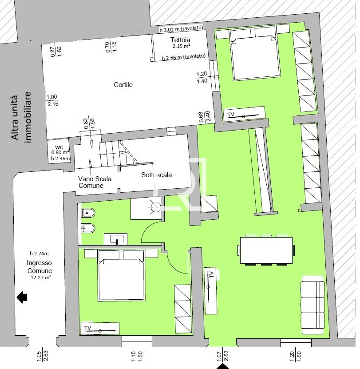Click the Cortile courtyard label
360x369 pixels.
(x=123, y=85)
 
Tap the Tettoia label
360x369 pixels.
(x=180, y=40)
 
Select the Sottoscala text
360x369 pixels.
(x=156, y=175)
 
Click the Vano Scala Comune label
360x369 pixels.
(x=95, y=182)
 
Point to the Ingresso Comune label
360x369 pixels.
(x=40, y=266)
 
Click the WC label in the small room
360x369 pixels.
(x=60, y=147)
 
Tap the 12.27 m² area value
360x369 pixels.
(x=41, y=277)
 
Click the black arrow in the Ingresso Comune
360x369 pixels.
(x=22, y=297)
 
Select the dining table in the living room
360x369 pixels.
(x=266, y=250)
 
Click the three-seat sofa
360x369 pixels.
(x=313, y=305)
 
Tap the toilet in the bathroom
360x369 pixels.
(x=88, y=213)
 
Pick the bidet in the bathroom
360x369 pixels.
(x=88, y=228)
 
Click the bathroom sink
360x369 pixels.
(x=115, y=239)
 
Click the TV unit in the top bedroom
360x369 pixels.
(x=244, y=114)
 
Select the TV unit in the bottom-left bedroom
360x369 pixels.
(x=99, y=328)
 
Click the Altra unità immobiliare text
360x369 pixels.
(x=21, y=117)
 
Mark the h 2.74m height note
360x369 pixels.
(x=40, y=254)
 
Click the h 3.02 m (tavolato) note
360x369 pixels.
(x=181, y=28)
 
